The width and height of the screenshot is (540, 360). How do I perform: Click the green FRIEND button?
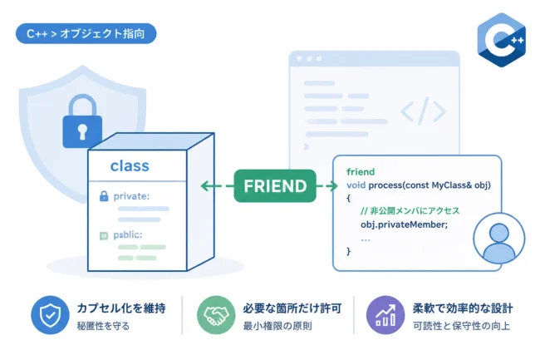pyautogui.click(x=275, y=185)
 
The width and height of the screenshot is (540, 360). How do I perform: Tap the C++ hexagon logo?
pyautogui.click(x=502, y=40)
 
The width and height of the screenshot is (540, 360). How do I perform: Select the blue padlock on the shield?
pyautogui.click(x=82, y=121)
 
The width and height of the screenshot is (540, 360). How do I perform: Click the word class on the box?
pyautogui.click(x=130, y=166)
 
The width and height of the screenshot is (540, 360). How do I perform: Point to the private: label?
pyautogui.click(x=131, y=196)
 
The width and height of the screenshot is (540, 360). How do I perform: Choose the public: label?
pyautogui.click(x=127, y=235)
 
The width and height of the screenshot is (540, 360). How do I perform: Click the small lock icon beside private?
pyautogui.click(x=104, y=196)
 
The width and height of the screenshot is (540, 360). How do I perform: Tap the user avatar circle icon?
pyautogui.click(x=499, y=239)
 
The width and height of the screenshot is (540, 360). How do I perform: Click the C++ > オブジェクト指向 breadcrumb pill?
pyautogui.click(x=86, y=33)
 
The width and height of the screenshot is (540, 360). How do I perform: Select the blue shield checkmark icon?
pyautogui.click(x=50, y=315)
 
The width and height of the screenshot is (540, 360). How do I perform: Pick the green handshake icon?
pyautogui.click(x=216, y=315)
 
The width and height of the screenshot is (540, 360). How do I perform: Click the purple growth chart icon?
pyautogui.click(x=385, y=315)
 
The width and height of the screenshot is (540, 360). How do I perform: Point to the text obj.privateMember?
pyautogui.click(x=404, y=224)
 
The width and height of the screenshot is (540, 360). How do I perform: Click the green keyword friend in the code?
pyautogui.click(x=361, y=171)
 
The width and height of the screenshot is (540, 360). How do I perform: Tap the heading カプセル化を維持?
pyautogui.click(x=121, y=308)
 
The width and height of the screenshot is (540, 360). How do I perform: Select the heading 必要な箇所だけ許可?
pyautogui.click(x=292, y=308)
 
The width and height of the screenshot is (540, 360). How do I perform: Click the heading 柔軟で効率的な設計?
pyautogui.click(x=463, y=308)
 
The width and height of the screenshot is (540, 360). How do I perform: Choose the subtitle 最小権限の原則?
pyautogui.click(x=277, y=326)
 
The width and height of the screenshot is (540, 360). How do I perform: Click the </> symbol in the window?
pyautogui.click(x=423, y=111)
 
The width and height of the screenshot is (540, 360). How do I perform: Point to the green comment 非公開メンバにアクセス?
pyautogui.click(x=410, y=211)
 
